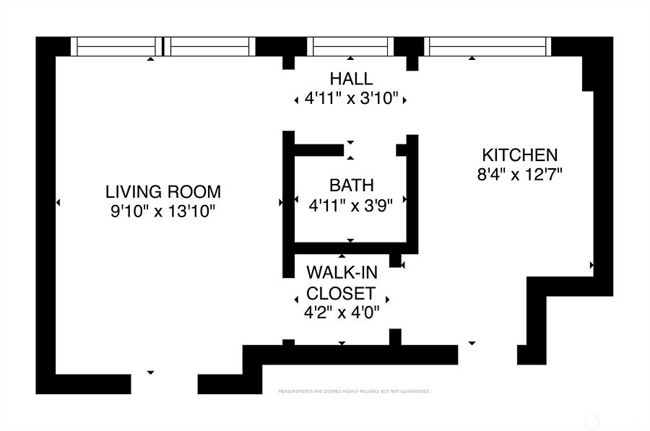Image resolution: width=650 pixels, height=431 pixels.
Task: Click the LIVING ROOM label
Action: pyautogui.click(x=163, y=192)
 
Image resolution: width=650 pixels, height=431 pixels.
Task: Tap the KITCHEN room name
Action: pyautogui.click(x=520, y=155)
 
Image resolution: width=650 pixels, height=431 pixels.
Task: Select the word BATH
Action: pyautogui.click(x=352, y=186)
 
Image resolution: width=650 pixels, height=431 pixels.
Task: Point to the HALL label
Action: pyautogui.click(x=351, y=79)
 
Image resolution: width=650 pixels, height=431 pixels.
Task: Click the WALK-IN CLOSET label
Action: pyautogui.click(x=342, y=283)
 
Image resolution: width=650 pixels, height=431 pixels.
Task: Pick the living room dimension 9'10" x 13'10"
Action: pyautogui.click(x=163, y=212)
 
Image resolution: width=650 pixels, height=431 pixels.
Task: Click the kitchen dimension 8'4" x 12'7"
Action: pyautogui.click(x=520, y=175)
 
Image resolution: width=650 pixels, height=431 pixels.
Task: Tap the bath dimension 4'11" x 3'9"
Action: pyautogui.click(x=351, y=205)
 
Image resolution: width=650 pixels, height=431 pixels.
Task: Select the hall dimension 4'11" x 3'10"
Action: pyautogui.click(x=351, y=99)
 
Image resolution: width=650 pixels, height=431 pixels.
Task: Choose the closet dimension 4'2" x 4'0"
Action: pyautogui.click(x=342, y=312)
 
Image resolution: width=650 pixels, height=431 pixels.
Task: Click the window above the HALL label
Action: pyautogui.click(x=350, y=46)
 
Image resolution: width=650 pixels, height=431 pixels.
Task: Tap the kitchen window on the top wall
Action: pyautogui.click(x=487, y=46)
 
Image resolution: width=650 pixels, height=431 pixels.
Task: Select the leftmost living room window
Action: pyautogui.click(x=116, y=46)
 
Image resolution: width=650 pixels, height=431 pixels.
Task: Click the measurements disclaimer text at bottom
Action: pyautogui.click(x=355, y=391)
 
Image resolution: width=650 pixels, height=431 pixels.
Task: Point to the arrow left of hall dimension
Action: pyautogui.click(x=296, y=100)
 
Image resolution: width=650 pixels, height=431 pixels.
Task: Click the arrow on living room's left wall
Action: pyautogui.click(x=58, y=203)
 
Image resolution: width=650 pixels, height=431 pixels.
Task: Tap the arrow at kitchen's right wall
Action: pyautogui.click(x=591, y=265)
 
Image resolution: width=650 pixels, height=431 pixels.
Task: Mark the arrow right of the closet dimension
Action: pyautogui.click(x=388, y=299)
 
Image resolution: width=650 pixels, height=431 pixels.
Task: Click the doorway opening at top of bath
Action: pyautogui.click(x=370, y=150)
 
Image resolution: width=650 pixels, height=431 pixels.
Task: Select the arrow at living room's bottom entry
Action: pyautogui.click(x=150, y=373)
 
